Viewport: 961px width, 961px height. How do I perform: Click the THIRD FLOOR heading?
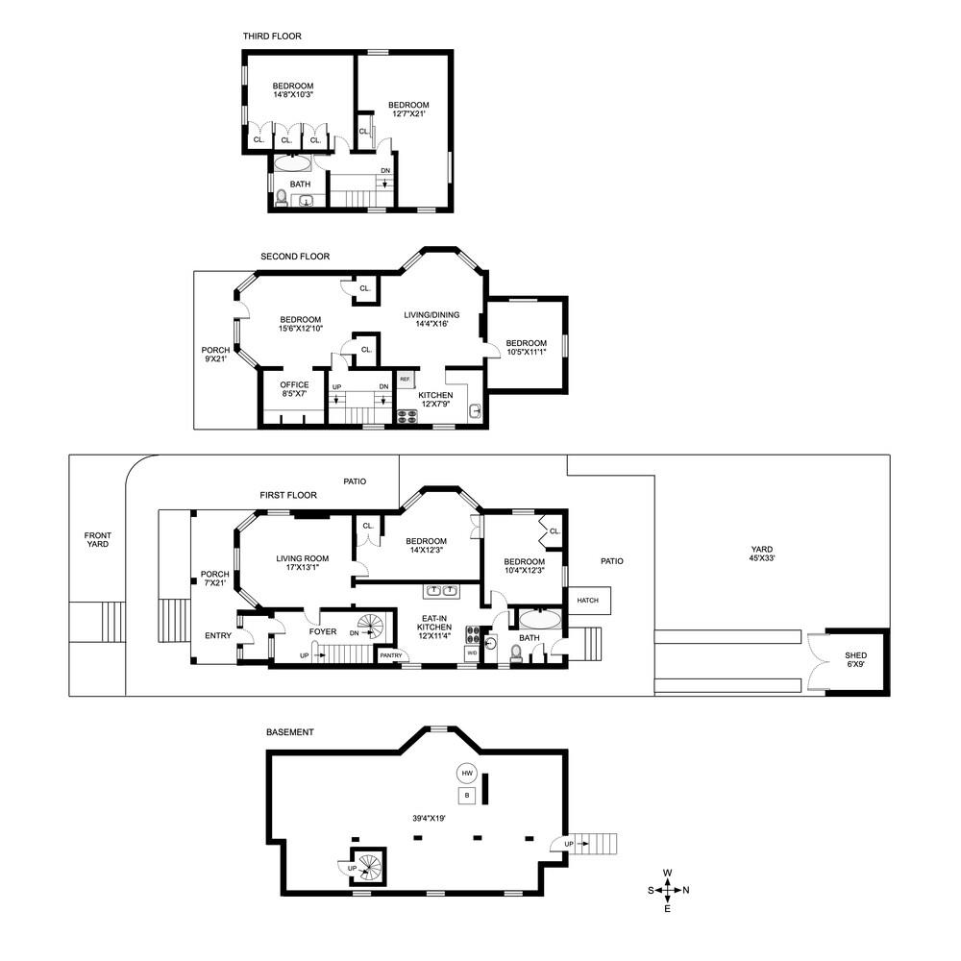click(x=272, y=37)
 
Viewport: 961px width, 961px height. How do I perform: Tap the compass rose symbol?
click(x=668, y=890)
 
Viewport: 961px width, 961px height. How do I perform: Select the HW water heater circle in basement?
click(x=467, y=774)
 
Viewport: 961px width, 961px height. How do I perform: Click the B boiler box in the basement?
click(x=467, y=796)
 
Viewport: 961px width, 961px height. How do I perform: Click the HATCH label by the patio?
click(x=588, y=601)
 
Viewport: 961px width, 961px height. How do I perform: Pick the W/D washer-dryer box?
click(x=472, y=653)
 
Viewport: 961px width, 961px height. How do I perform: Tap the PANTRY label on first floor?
click(x=391, y=655)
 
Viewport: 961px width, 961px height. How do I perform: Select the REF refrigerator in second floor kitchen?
click(x=405, y=380)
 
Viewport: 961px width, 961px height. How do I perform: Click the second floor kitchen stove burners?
click(x=407, y=416)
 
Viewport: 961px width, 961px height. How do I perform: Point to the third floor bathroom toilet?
click(x=281, y=199)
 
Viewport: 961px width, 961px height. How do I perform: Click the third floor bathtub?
click(x=292, y=164)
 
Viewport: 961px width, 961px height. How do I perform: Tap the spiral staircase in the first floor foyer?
click(x=370, y=628)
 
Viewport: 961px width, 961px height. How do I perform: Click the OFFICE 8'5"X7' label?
click(x=294, y=389)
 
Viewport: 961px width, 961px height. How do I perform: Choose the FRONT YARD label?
click(x=97, y=540)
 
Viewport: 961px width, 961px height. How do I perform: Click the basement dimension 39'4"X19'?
click(x=427, y=819)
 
